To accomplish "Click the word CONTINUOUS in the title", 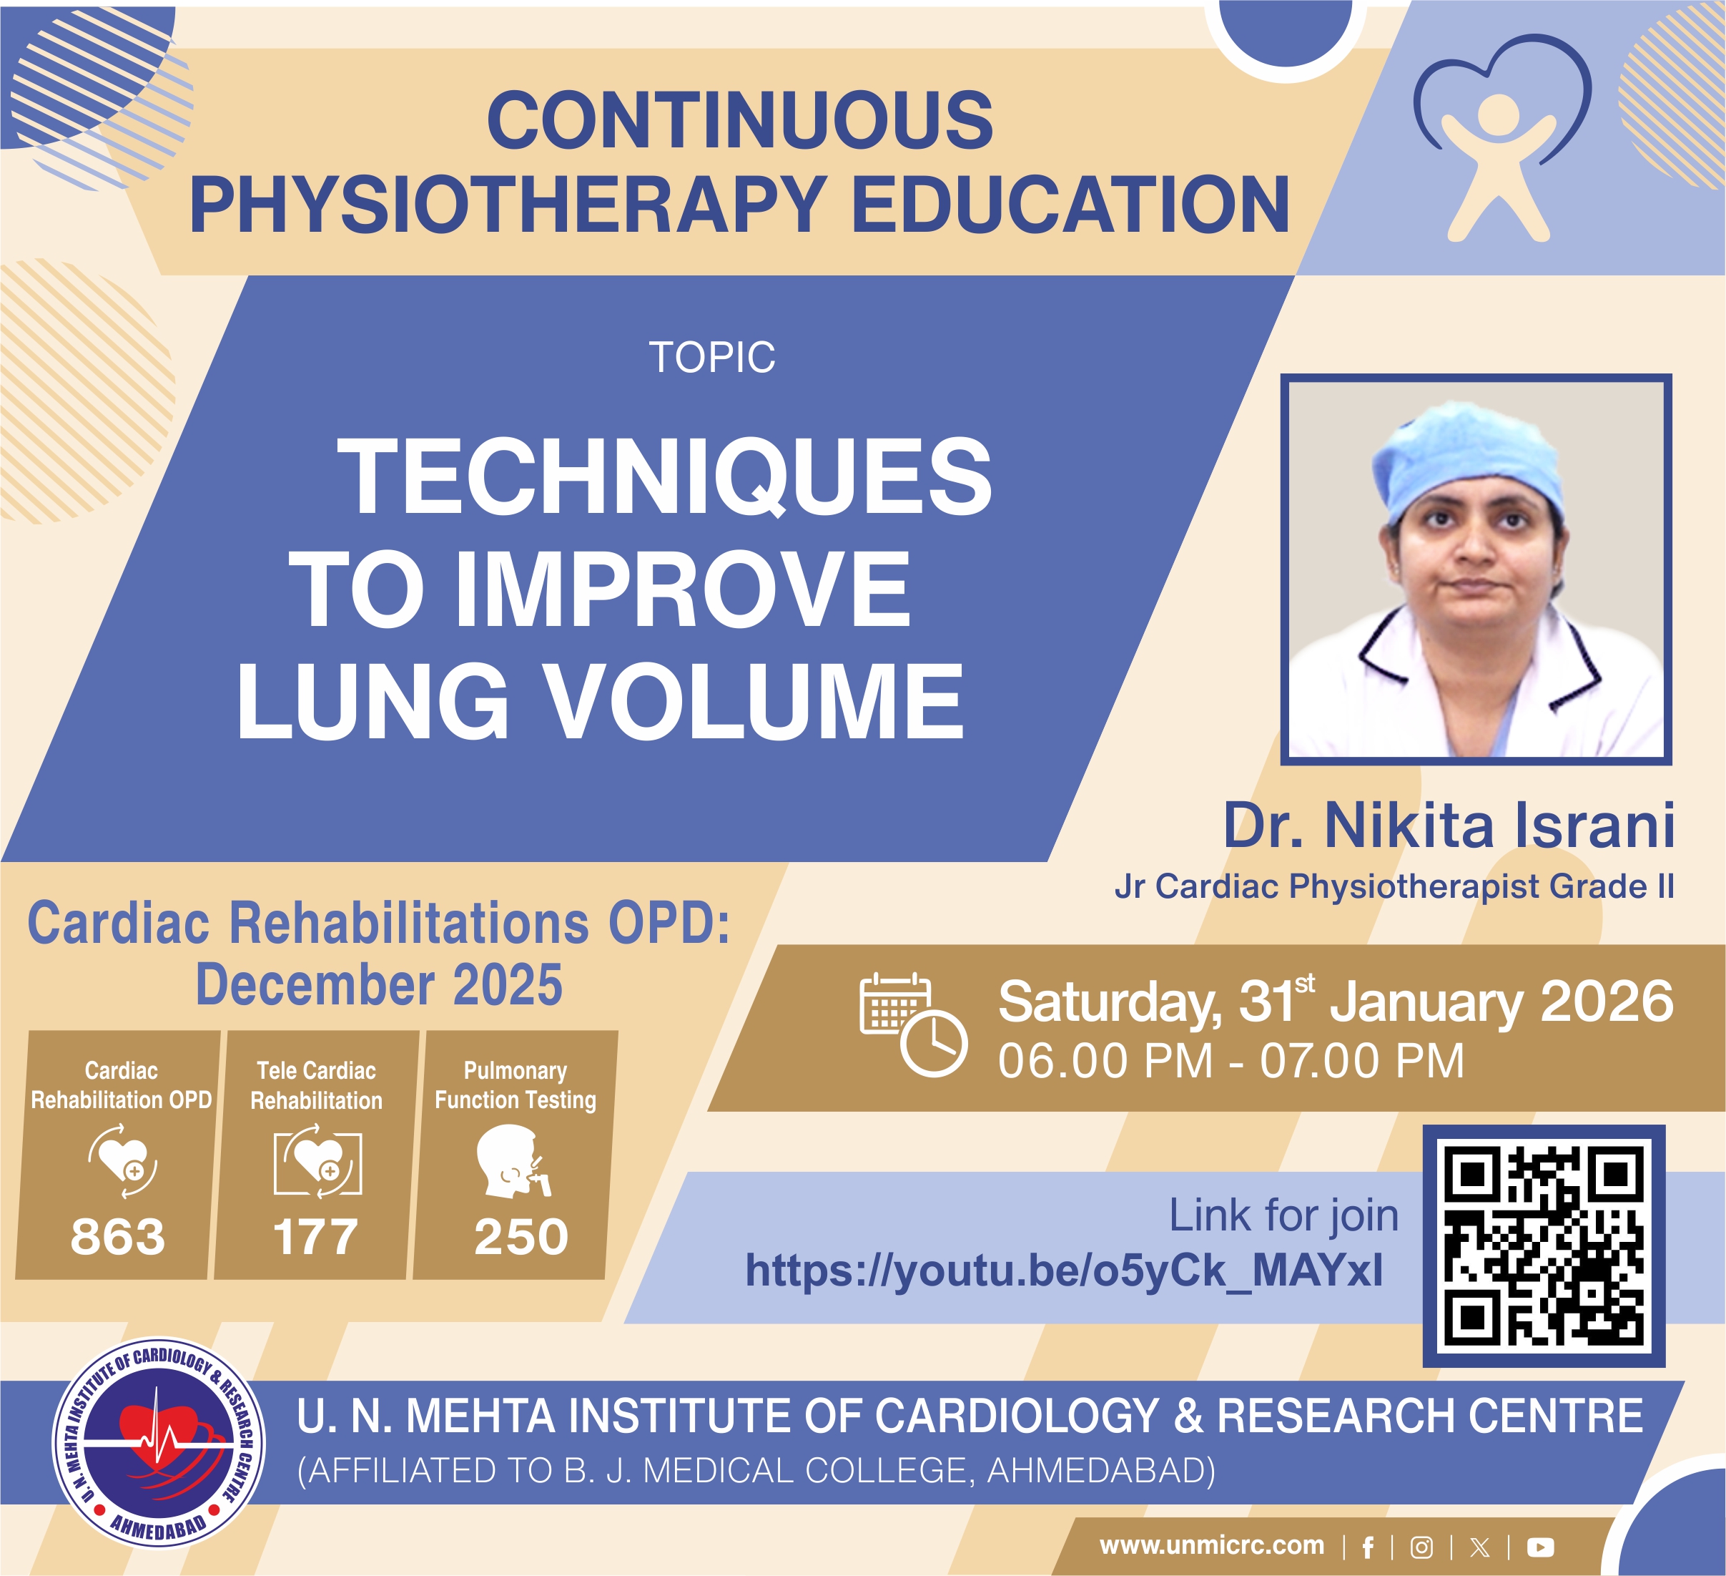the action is [740, 121].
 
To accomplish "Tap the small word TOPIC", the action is [712, 357].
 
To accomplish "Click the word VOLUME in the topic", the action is [754, 702].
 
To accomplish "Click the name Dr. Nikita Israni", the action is [1449, 826].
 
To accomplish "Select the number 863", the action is [117, 1237].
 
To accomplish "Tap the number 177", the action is [315, 1237].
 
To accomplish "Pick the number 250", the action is [521, 1237].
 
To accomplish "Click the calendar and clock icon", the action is [912, 1024].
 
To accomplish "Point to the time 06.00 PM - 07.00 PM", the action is [1231, 1060].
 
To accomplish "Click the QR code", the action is [1544, 1245].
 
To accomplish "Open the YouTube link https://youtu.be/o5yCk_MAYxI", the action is [1064, 1271].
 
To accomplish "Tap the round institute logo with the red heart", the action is [159, 1442].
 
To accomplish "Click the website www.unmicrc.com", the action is [1211, 1545].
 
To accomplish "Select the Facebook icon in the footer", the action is [1368, 1547].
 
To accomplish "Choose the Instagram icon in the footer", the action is [1422, 1547].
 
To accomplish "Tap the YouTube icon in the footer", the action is [1540, 1547].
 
